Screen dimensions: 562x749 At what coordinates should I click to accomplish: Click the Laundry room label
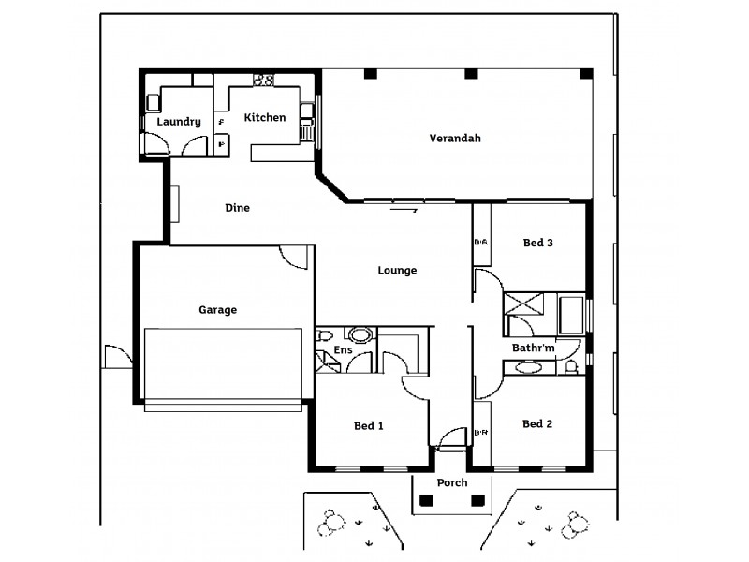pyautogui.click(x=179, y=122)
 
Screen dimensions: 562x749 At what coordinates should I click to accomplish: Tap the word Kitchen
pyautogui.click(x=264, y=118)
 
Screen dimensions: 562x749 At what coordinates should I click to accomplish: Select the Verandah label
pyautogui.click(x=455, y=139)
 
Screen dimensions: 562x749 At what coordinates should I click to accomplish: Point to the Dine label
pyautogui.click(x=238, y=208)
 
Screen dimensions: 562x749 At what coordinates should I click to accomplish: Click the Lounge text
pyautogui.click(x=397, y=271)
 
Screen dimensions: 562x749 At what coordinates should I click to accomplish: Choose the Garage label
pyautogui.click(x=217, y=310)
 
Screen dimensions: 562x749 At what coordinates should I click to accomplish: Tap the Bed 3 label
pyautogui.click(x=537, y=243)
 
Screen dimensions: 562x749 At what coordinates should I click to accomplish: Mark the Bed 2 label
pyautogui.click(x=537, y=424)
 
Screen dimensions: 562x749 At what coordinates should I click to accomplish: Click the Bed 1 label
pyautogui.click(x=369, y=426)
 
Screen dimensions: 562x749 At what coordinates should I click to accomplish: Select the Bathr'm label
pyautogui.click(x=534, y=348)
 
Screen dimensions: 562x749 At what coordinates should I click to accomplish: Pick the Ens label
pyautogui.click(x=344, y=351)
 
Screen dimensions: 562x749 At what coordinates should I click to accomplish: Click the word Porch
pyautogui.click(x=452, y=483)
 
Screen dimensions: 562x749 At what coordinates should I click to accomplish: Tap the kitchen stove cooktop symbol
pyautogui.click(x=263, y=81)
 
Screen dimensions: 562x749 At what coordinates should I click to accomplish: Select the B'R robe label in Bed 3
pyautogui.click(x=481, y=244)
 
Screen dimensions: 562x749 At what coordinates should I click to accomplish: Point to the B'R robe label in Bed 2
pyautogui.click(x=481, y=433)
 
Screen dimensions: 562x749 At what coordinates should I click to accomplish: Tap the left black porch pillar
pyautogui.click(x=427, y=501)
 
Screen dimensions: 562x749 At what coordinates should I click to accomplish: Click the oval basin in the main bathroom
pyautogui.click(x=528, y=368)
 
